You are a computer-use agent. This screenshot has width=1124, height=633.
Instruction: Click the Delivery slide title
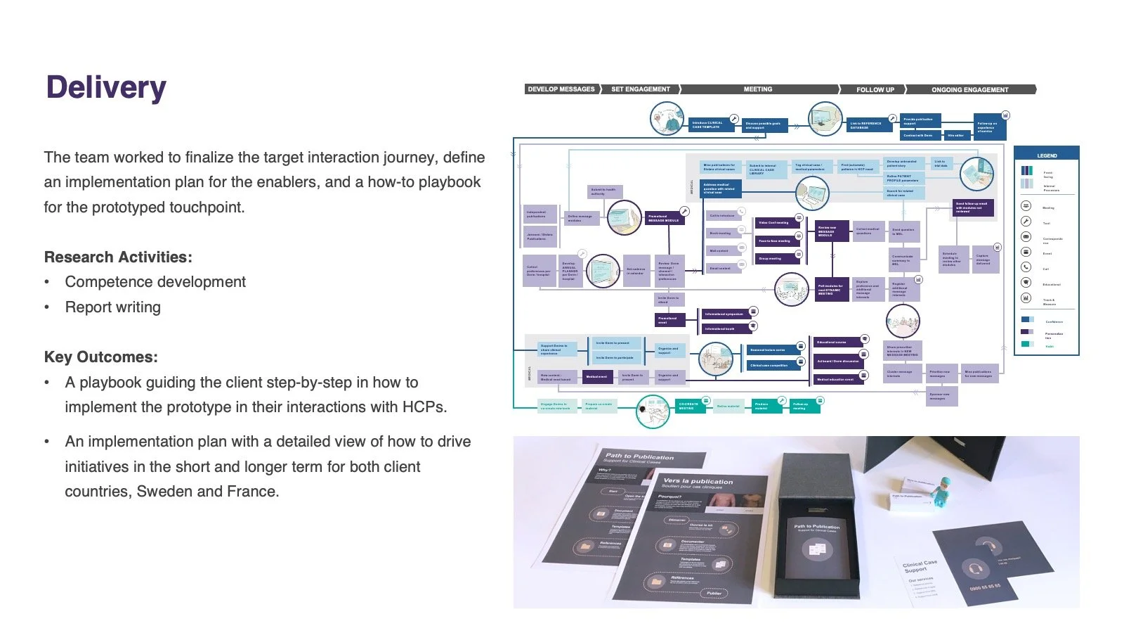coord(106,87)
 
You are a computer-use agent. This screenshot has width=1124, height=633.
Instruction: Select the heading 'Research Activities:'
coord(118,257)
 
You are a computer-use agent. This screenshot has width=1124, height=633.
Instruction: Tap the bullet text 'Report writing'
coord(112,307)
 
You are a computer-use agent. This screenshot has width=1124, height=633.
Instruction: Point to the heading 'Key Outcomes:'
coord(101,357)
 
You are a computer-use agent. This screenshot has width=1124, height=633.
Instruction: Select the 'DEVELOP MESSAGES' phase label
coord(561,89)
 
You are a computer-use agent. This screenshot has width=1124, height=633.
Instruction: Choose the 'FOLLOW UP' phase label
coord(875,89)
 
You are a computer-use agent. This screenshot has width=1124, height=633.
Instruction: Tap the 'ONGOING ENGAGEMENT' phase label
coord(969,89)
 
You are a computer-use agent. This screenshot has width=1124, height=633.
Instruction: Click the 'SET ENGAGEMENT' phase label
coord(641,89)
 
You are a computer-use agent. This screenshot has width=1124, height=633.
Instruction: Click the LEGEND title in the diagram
coord(1047,155)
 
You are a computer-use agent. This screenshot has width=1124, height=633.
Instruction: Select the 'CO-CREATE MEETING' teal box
coord(688,406)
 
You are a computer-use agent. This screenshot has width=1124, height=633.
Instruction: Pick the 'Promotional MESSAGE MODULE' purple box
coord(663,218)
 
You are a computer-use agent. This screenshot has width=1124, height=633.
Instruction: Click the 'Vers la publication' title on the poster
coord(698,482)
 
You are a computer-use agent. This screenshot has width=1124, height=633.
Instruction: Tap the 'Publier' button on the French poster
coord(714,593)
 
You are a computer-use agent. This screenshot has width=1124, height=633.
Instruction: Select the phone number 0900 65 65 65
coord(985,587)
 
